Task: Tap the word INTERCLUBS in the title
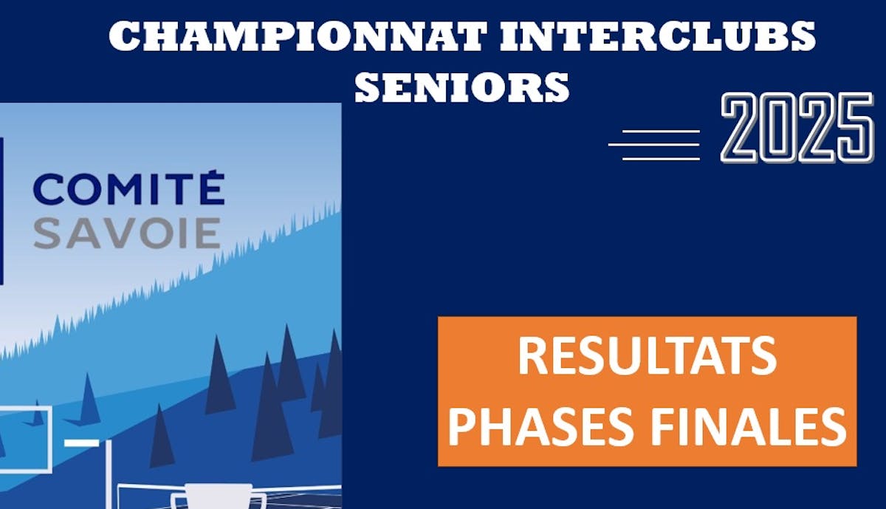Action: pos(657,35)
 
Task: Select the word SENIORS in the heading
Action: pos(462,87)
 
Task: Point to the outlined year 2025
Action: pos(797,128)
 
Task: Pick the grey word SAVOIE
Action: pos(127,233)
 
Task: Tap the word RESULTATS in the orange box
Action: pos(647,355)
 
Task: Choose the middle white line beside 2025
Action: pos(654,145)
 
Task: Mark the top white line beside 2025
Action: pos(661,131)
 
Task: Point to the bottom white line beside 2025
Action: pos(661,159)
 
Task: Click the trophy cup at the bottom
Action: pos(219,496)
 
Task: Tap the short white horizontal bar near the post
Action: pos(81,443)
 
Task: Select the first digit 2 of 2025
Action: pos(738,128)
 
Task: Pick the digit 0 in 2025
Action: pos(777,128)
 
